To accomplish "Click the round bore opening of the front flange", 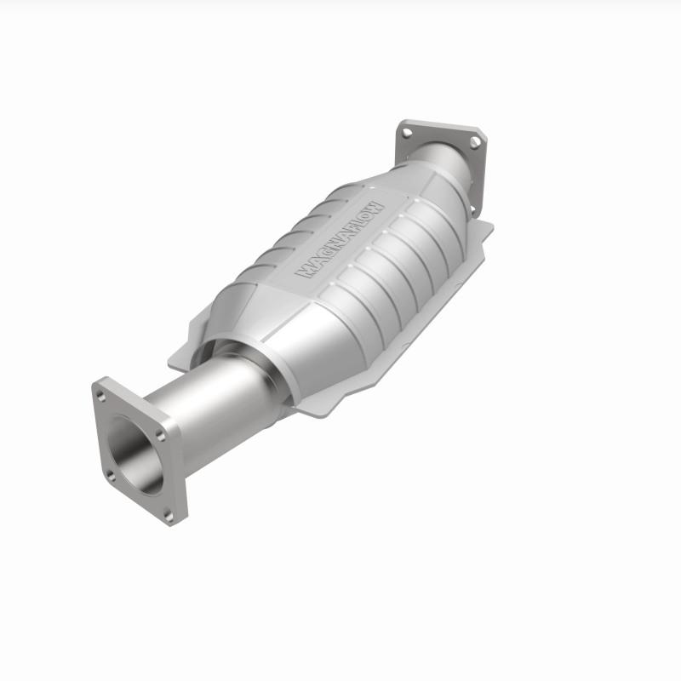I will [x=136, y=451].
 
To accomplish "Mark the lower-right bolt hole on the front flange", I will [x=168, y=512].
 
